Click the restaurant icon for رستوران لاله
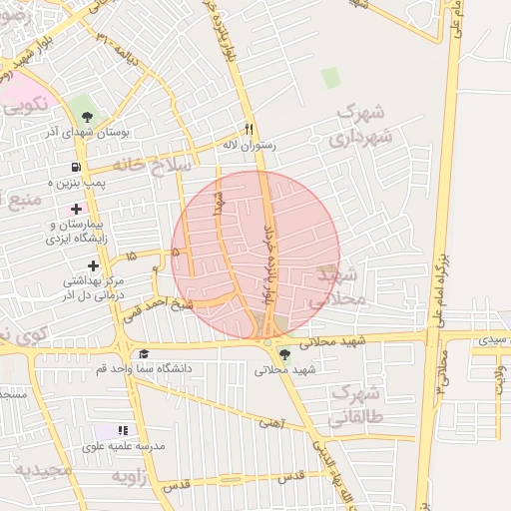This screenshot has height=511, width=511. click(x=250, y=129)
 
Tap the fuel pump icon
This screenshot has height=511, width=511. click(x=76, y=168)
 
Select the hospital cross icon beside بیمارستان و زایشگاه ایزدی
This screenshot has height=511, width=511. click(x=77, y=209)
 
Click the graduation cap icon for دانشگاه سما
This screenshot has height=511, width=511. click(x=144, y=354)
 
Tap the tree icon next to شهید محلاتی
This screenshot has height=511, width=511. click(x=285, y=354)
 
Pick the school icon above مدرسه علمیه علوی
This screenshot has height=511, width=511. click(x=123, y=430)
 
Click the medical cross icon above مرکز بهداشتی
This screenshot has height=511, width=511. click(x=93, y=265)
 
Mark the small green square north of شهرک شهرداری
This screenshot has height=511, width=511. click(x=330, y=77)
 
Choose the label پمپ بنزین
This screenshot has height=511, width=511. click(x=80, y=185)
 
